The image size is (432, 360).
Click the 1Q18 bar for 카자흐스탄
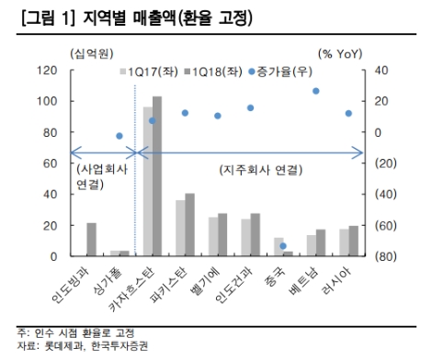157,174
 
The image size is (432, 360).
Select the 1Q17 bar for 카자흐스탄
148,178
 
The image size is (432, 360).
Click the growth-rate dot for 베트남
316,91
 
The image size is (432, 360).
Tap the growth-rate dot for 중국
283,246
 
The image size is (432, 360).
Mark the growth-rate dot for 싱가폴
119,136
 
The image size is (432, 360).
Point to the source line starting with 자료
74,345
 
